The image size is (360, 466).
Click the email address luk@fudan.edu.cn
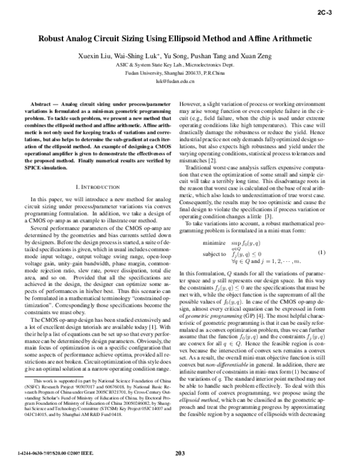(x=179, y=80)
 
